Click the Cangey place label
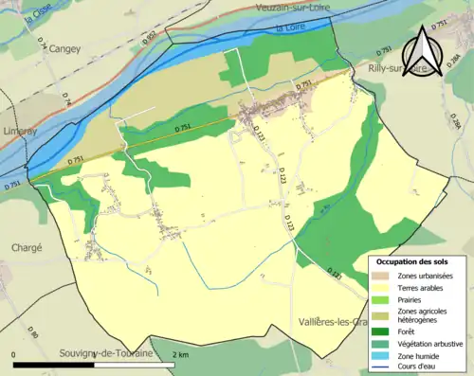coord(65,47)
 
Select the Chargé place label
coord(27,247)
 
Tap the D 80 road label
coord(32,334)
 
